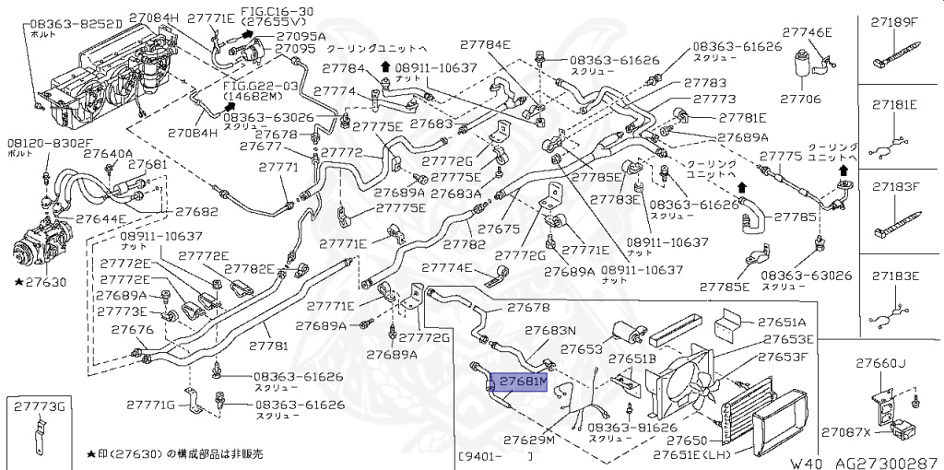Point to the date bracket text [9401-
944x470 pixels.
click(484, 456)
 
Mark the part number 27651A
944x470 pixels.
click(782, 323)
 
